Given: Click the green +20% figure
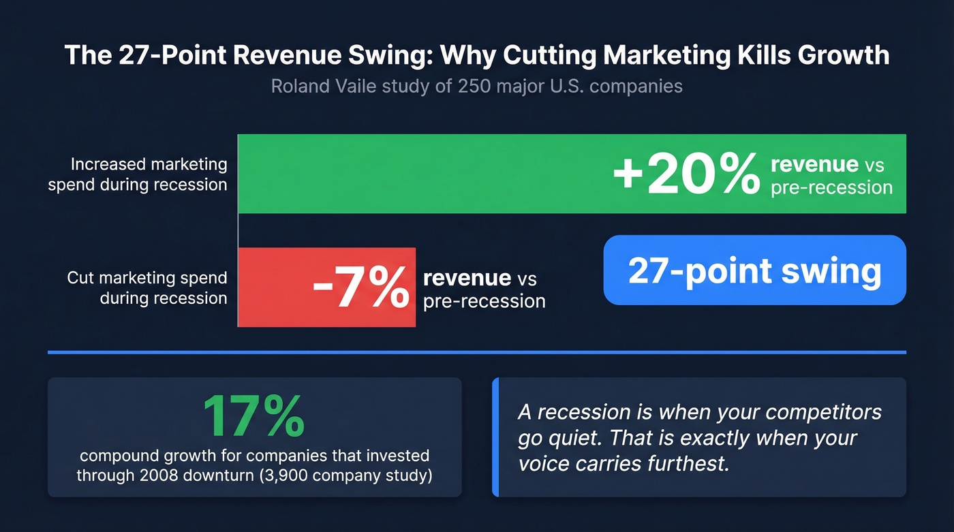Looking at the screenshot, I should pos(686,174).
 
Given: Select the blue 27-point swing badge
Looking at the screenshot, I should pos(754,270).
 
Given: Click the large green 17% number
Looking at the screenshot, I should pos(253,416).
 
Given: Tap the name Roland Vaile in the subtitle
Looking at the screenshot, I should pos(316,87).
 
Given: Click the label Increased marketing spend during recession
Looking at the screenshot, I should pos(138,174).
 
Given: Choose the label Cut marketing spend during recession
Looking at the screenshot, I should pos(147,287).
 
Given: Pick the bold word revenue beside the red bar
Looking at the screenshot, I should pos(467,278).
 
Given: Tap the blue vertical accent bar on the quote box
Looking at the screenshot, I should pos(495,437).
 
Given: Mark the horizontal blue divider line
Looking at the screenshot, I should pos(477,352).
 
